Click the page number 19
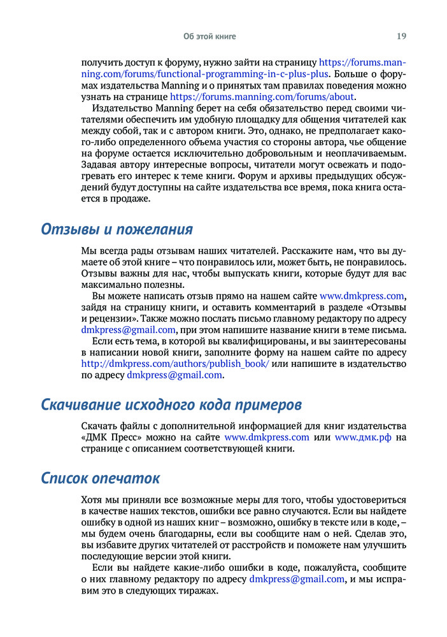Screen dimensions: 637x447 click(401, 36)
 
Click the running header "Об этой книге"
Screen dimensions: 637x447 click(209, 36)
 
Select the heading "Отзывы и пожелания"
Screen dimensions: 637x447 click(117, 229)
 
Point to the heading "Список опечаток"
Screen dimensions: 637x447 click(101, 478)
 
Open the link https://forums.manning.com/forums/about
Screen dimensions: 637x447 click(262, 97)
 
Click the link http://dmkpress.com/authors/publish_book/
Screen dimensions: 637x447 click(175, 363)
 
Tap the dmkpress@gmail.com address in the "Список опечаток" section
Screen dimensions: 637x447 click(297, 578)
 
